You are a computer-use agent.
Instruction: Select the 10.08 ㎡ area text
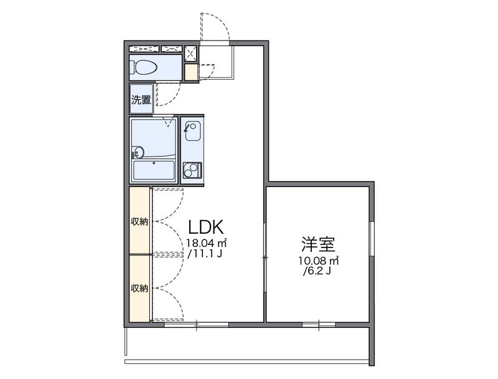coord(318,260)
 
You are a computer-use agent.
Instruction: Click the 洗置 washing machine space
coord(141,100)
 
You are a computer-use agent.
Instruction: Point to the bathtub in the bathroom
coord(154,170)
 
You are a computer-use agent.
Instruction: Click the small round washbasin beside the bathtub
coord(137,151)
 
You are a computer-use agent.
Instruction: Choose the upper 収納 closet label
coord(139,221)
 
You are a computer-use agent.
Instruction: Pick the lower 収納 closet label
coord(139,288)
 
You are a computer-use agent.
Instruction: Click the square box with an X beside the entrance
coord(191,52)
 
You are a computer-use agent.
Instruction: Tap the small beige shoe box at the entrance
coord(191,73)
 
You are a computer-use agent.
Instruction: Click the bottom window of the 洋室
coord(319,324)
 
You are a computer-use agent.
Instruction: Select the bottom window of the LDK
coord(197,324)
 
